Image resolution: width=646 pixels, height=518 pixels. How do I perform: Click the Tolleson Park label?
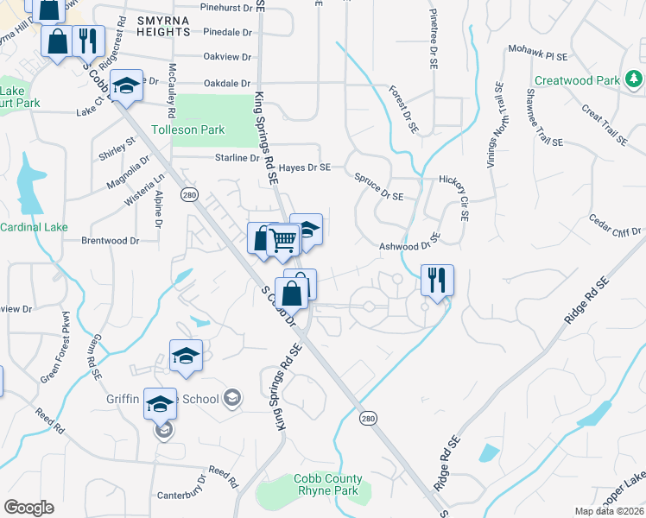point(187,130)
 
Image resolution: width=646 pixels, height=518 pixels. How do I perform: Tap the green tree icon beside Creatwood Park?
point(634,80)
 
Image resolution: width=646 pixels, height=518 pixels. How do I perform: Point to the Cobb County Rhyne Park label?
point(328,485)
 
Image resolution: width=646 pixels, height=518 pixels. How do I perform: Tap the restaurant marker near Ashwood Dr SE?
point(437,281)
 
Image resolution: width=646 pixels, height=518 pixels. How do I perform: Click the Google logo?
point(28,508)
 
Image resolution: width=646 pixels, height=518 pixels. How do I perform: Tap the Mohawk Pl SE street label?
point(537,54)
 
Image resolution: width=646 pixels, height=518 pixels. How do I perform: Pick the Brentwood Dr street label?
point(111,241)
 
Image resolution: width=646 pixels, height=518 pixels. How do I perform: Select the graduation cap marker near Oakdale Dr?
point(127,85)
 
